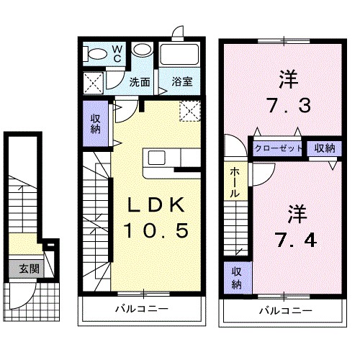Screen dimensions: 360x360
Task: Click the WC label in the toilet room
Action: (x=117, y=54)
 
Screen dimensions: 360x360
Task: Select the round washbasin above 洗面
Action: (x=142, y=50)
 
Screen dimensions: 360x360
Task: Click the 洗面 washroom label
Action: (x=140, y=82)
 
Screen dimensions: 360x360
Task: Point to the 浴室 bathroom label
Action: (x=182, y=82)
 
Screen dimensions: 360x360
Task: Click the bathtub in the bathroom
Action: (x=179, y=54)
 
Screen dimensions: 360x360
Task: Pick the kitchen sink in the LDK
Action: (x=156, y=158)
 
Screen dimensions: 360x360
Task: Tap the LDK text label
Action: (x=156, y=204)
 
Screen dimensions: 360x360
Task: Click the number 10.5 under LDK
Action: (x=156, y=230)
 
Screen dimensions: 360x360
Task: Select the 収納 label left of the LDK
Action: (x=96, y=124)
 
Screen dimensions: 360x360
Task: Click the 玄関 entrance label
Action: (x=29, y=269)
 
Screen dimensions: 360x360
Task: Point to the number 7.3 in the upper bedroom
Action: (x=289, y=105)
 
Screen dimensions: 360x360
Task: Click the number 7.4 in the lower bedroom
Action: (x=297, y=240)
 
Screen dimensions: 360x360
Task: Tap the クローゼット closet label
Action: (x=278, y=148)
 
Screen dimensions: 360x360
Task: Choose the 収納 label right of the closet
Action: (x=325, y=148)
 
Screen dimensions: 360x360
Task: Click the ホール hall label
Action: (x=235, y=182)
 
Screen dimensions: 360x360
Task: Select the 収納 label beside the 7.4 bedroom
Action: (x=237, y=278)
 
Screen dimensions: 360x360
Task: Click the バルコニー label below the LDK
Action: (x=142, y=308)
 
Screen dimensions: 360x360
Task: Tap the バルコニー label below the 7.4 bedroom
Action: (x=286, y=311)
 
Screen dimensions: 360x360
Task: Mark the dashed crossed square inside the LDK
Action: (x=190, y=111)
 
